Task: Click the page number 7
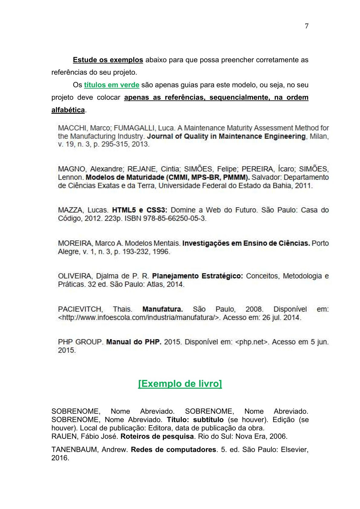[306, 26]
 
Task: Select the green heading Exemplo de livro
[180, 383]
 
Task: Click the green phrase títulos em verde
[112, 85]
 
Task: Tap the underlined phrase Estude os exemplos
[108, 60]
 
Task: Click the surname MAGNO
[72, 169]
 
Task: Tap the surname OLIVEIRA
[75, 276]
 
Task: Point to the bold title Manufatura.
[162, 309]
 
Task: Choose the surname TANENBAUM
[75, 450]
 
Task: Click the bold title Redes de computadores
[173, 450]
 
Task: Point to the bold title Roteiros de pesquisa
[157, 436]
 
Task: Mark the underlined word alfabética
[68, 110]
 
